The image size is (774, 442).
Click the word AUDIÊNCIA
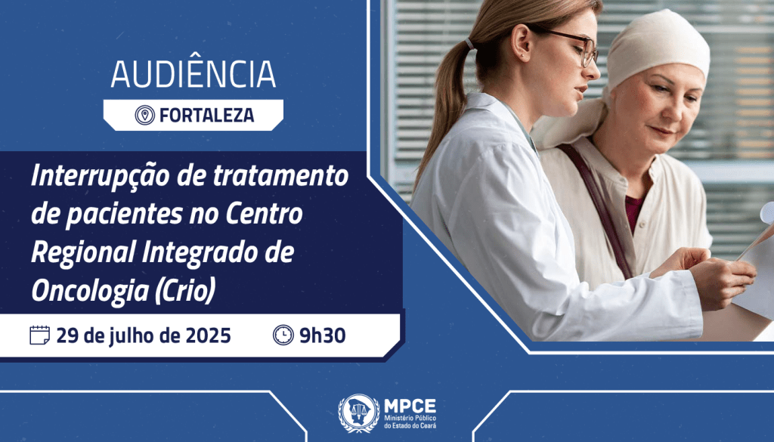click(193, 73)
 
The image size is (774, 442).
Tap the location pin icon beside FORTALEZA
click(144, 115)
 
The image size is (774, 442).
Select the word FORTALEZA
click(206, 115)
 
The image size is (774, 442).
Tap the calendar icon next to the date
click(39, 335)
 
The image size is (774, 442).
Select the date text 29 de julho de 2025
click(144, 335)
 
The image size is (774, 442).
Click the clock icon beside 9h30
click(283, 335)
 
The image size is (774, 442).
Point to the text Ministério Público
click(411, 417)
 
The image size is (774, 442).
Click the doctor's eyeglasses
click(576, 45)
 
